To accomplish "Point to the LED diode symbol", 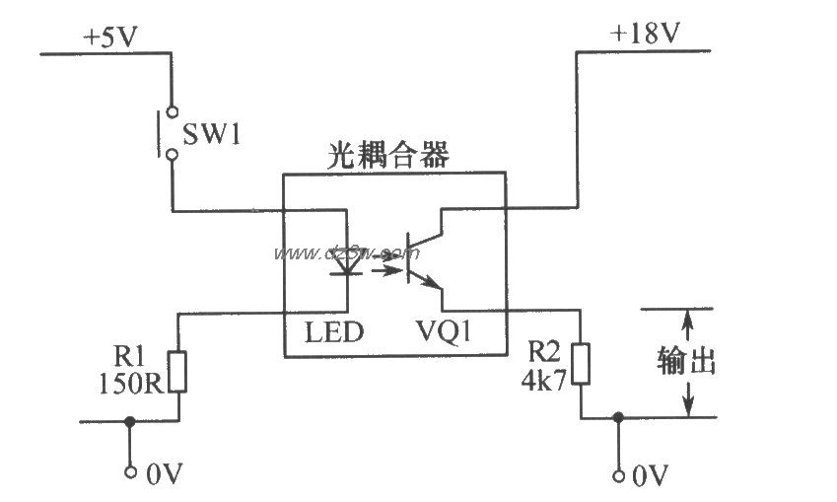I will click(x=345, y=261).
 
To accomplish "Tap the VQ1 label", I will click(x=443, y=333).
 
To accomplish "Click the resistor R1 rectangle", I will click(x=178, y=372).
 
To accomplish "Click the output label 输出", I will click(x=685, y=362).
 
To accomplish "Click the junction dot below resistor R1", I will click(x=129, y=420).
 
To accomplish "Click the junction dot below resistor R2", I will click(x=618, y=417).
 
